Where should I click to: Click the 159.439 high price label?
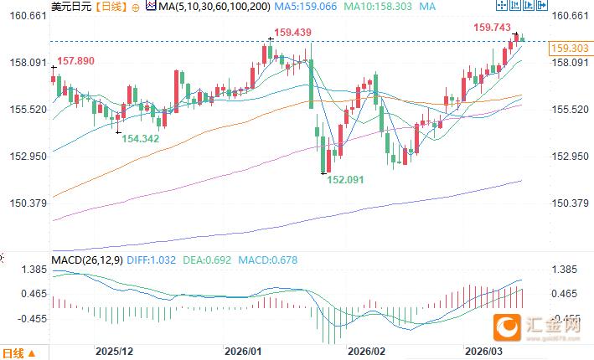pyautogui.click(x=293, y=33)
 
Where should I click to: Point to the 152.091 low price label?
pyautogui.click(x=346, y=180)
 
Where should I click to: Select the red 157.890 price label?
pyautogui.click(x=75, y=61)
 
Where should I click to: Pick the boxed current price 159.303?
pyautogui.click(x=565, y=49)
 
